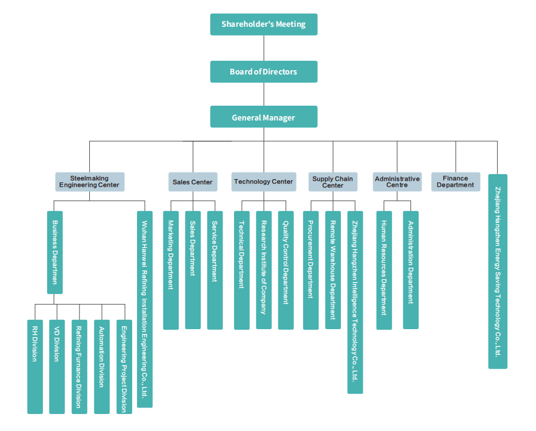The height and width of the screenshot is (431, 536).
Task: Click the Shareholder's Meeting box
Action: [264, 24]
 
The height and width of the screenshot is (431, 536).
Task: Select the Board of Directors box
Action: [264, 72]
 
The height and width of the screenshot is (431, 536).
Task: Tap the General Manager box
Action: [264, 117]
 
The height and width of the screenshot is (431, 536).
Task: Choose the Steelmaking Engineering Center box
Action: [90, 182]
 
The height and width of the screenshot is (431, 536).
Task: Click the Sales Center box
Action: [192, 182]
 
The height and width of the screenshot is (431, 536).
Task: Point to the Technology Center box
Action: [264, 182]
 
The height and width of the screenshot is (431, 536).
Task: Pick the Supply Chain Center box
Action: [333, 182]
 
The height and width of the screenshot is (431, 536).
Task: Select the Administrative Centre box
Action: [397, 182]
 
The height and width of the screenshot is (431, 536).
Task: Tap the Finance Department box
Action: [455, 182]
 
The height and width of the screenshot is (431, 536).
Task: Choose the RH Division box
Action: [35, 366]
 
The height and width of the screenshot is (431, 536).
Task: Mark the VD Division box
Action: [57, 366]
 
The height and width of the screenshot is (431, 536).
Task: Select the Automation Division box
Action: [101, 366]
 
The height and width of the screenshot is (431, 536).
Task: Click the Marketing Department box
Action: [170, 270]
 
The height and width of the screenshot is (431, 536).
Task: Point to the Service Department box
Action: [215, 270]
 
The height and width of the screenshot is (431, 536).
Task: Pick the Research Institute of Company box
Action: [264, 270]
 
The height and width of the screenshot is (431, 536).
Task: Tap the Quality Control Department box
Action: [286, 270]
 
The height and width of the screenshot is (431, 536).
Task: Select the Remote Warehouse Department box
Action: [333, 270]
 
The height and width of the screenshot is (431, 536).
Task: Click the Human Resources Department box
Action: [384, 270]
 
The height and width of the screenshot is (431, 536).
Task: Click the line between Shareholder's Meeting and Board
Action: [264, 48]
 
